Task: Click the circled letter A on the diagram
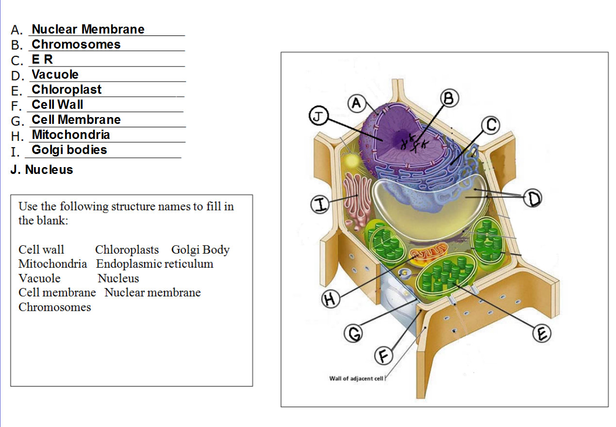(x=357, y=103)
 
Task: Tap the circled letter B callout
(x=449, y=98)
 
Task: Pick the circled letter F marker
(x=383, y=356)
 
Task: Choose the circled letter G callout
(x=353, y=333)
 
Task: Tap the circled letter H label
(x=330, y=299)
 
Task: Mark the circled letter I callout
(x=320, y=205)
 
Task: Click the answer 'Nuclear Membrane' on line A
(x=88, y=29)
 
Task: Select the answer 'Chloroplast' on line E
(x=67, y=89)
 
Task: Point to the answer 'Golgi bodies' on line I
(x=69, y=150)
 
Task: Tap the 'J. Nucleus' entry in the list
(x=42, y=170)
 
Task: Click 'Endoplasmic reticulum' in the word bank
(x=154, y=264)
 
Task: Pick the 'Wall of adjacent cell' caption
(x=356, y=378)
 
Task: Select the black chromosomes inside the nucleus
(x=414, y=143)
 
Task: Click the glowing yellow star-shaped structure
(x=351, y=160)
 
